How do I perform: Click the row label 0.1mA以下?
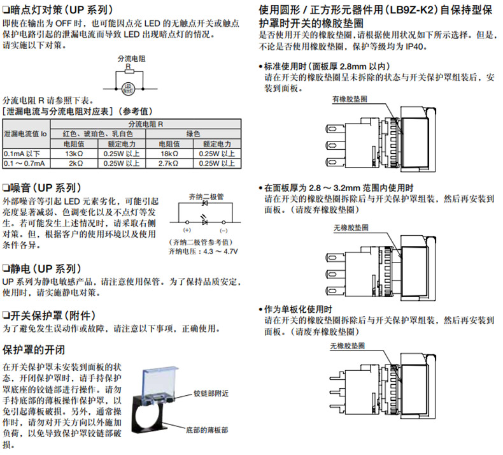click(x=22, y=154)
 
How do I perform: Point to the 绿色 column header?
click(x=192, y=134)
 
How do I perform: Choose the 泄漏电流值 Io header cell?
click(x=25, y=134)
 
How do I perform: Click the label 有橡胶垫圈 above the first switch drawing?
click(x=350, y=99)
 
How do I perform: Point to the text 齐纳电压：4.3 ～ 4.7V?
click(x=203, y=252)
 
